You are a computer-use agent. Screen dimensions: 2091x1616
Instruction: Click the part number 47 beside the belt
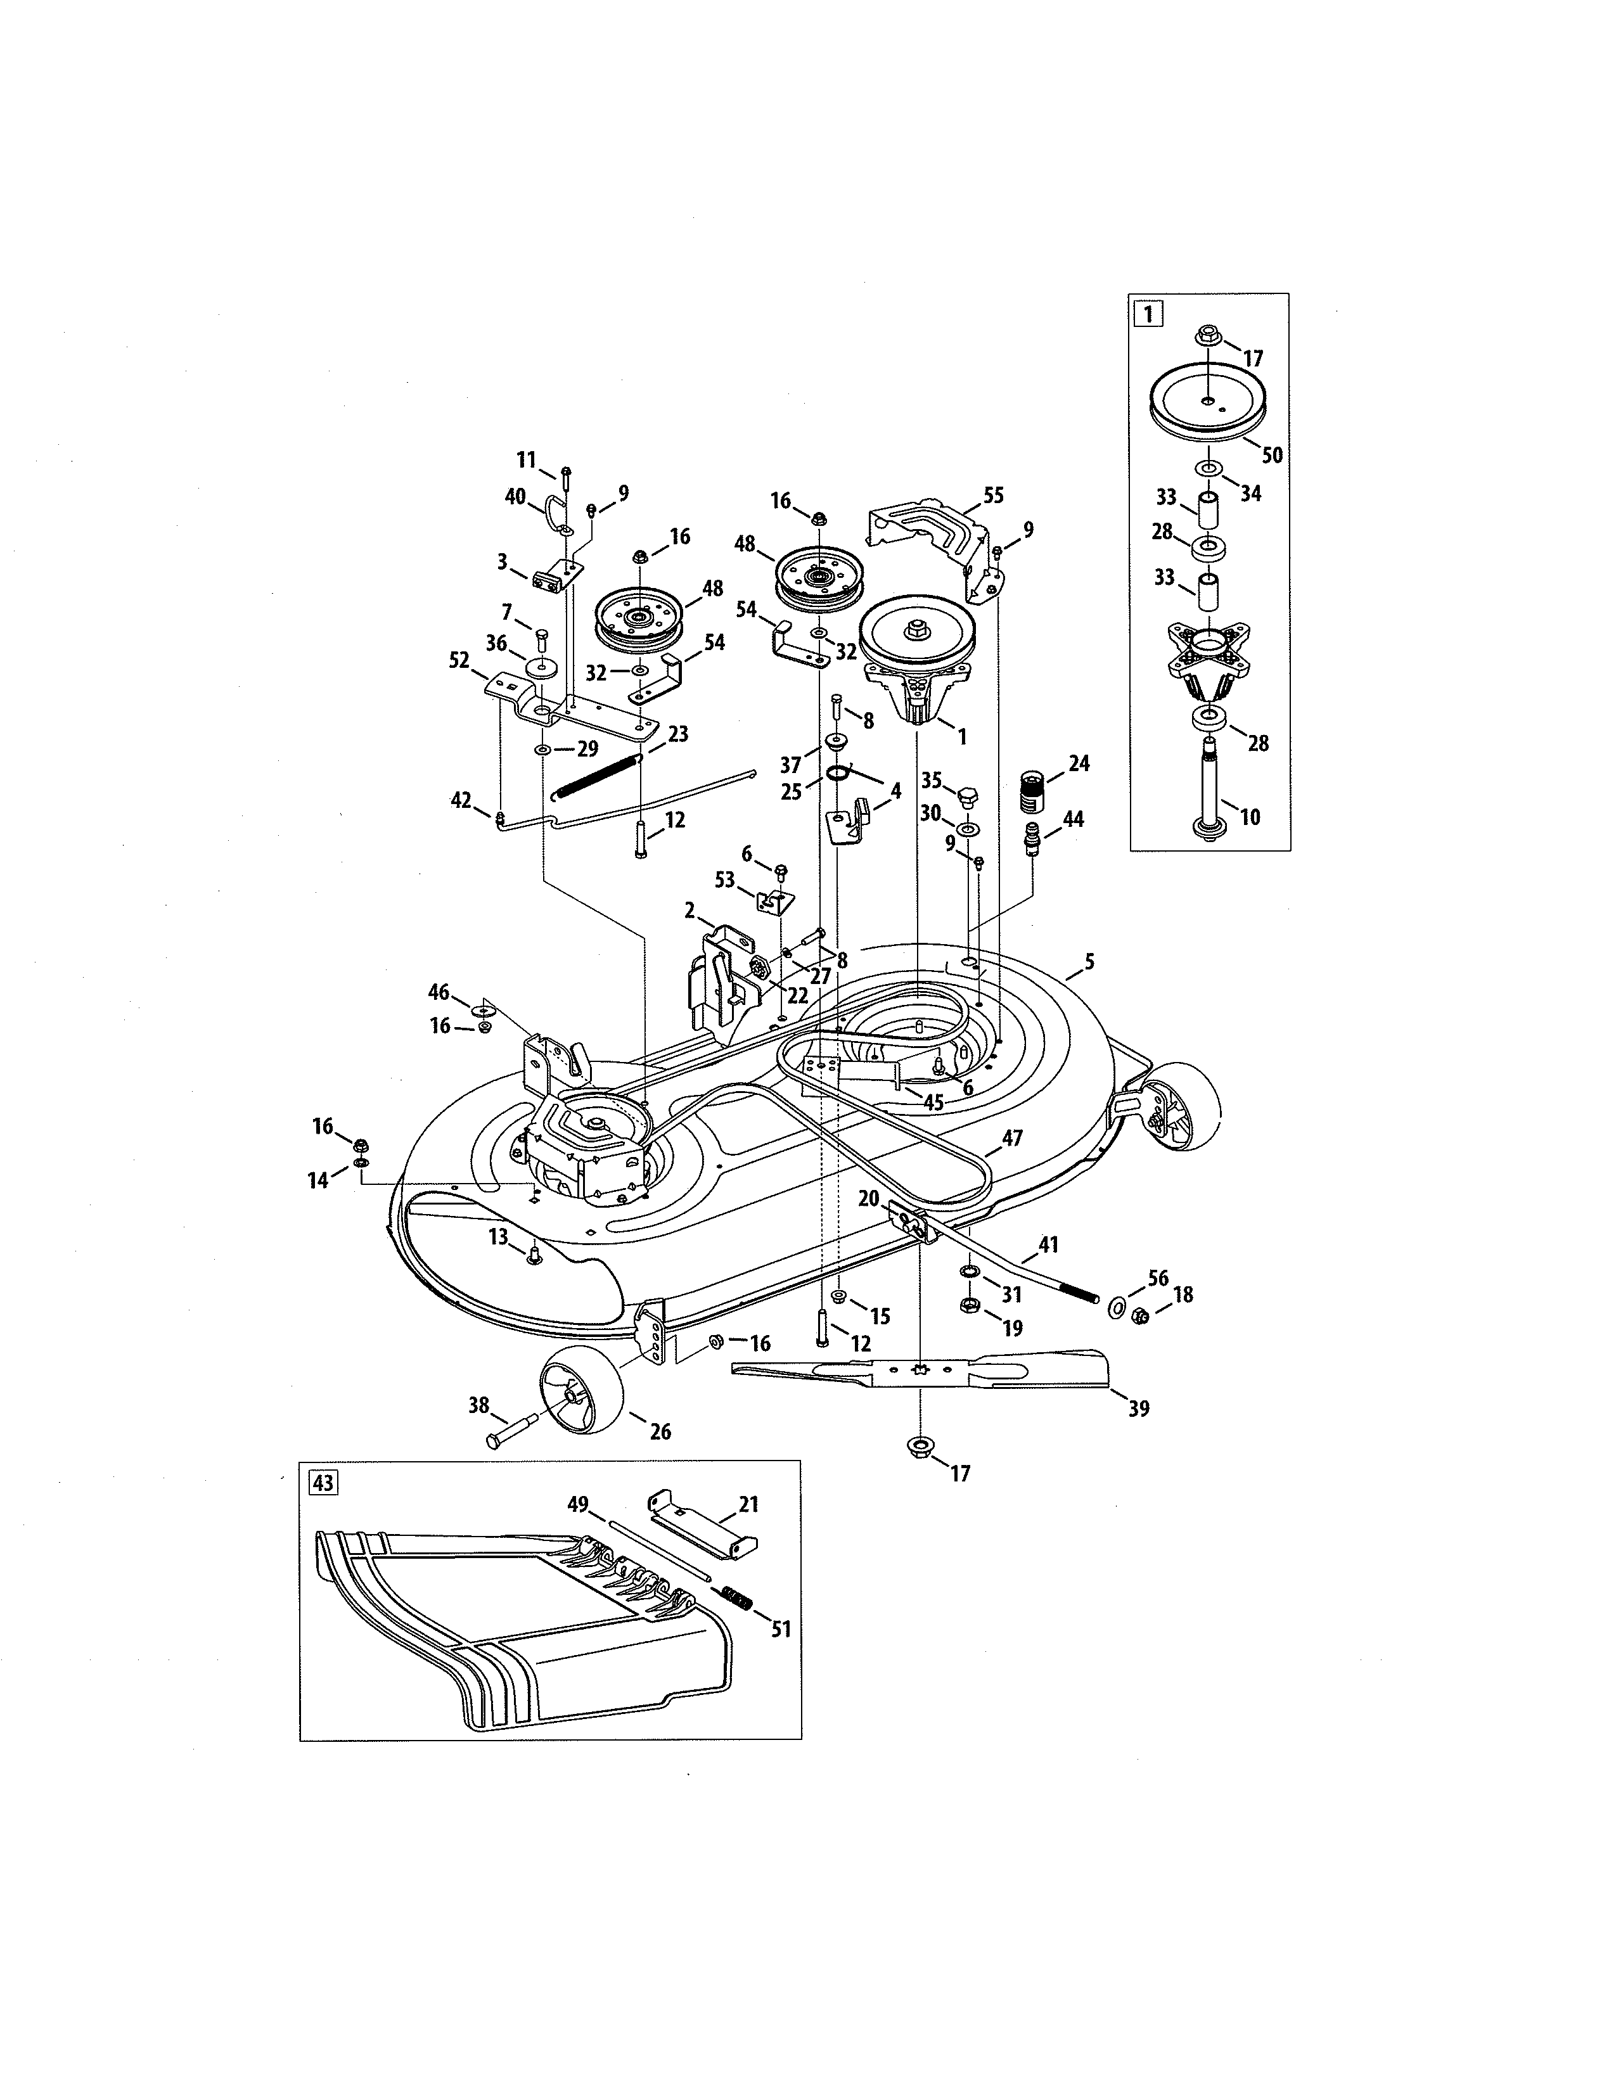(x=1012, y=1139)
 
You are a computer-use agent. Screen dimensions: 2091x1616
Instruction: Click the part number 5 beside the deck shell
(x=1089, y=961)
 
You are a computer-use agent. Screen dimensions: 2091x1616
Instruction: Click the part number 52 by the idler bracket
(x=459, y=661)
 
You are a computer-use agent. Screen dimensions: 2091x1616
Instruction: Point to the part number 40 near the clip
(x=515, y=496)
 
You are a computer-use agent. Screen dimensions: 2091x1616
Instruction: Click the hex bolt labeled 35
(x=965, y=796)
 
